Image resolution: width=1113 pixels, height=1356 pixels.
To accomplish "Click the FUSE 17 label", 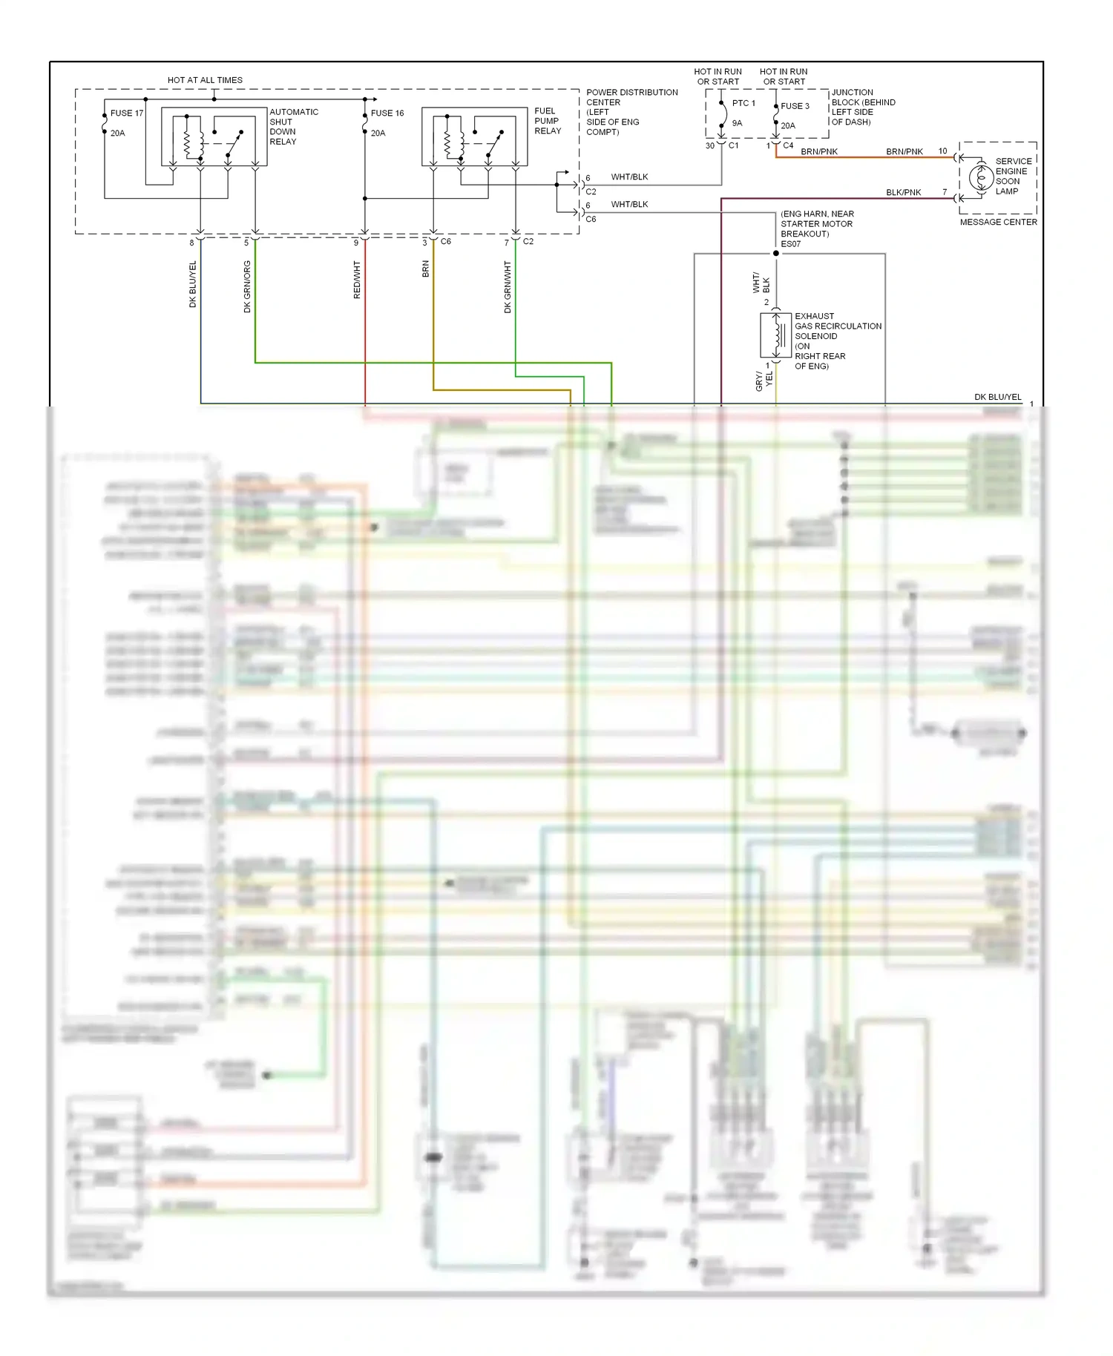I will (127, 113).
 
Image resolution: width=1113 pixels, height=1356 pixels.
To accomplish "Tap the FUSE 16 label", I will (387, 113).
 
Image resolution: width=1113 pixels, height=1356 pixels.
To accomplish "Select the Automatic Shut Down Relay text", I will (293, 127).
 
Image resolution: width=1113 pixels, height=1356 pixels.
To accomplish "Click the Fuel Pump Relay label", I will (548, 121).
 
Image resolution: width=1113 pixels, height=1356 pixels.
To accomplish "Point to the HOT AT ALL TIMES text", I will (205, 80).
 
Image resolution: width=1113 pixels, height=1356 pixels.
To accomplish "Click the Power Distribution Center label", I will (631, 112).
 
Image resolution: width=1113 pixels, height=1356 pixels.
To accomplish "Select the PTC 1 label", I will (743, 103).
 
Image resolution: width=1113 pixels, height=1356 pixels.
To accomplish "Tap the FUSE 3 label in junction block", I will (795, 106).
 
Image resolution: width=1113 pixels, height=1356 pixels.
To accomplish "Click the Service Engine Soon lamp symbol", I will (981, 177).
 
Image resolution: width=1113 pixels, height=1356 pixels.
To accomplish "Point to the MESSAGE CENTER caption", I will (998, 223).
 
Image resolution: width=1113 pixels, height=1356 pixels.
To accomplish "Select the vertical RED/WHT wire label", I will (357, 280).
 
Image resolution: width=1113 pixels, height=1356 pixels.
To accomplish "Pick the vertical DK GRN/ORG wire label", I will (247, 286).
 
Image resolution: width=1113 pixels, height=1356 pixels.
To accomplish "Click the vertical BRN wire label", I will (426, 269).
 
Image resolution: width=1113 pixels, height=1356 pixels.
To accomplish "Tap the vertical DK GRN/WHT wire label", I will (508, 286).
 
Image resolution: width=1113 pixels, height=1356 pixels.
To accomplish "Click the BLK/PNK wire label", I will (903, 193).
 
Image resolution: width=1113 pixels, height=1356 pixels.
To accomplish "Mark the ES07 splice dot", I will (776, 254).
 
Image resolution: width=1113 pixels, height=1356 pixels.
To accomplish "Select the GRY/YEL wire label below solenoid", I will (764, 381).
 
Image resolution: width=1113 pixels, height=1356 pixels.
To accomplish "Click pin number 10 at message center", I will (942, 151).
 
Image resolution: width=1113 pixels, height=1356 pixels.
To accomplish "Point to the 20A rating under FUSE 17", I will (118, 134).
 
